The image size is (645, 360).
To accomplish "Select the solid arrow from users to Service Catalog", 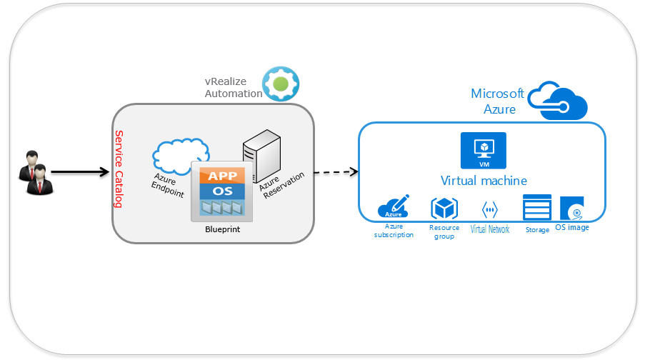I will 80,172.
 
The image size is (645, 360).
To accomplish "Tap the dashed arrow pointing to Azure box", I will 335,172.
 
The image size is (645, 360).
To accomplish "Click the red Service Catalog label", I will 119,169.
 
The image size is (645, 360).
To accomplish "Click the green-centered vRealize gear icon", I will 281,84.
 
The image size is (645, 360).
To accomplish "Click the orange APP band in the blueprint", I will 222,176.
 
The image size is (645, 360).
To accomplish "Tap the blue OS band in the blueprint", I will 222,191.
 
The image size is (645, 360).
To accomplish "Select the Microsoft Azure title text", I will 498,101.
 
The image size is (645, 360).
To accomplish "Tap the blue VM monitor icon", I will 483,149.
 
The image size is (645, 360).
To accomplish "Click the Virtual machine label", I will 484,181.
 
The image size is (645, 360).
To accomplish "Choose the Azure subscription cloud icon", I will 394,208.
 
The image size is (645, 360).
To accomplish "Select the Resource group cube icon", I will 444,209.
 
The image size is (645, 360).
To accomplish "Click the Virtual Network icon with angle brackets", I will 490,210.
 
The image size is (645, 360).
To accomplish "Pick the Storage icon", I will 537,208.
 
